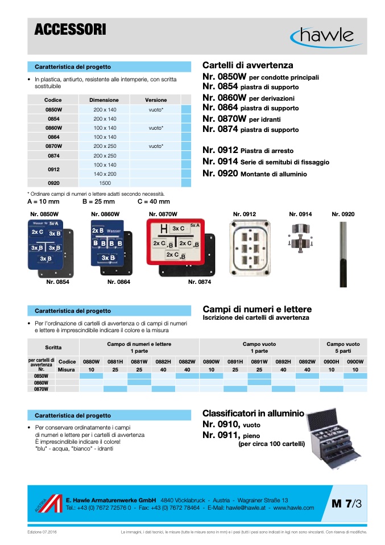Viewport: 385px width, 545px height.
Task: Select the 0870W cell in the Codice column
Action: [53, 146]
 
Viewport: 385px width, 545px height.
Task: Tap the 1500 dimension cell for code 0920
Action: [105, 183]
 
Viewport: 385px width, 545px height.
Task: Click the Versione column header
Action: [156, 100]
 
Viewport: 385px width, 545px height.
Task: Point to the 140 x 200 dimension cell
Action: [105, 174]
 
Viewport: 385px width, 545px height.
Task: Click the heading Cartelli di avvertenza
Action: [248, 66]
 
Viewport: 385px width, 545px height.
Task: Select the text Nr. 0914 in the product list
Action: [220, 162]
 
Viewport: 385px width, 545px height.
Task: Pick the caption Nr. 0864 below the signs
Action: [119, 282]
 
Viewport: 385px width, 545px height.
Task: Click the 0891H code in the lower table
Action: [235, 362]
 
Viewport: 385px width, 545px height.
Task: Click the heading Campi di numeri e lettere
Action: [257, 309]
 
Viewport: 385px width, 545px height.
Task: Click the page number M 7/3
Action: [346, 503]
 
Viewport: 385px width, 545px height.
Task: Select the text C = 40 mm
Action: [154, 201]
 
